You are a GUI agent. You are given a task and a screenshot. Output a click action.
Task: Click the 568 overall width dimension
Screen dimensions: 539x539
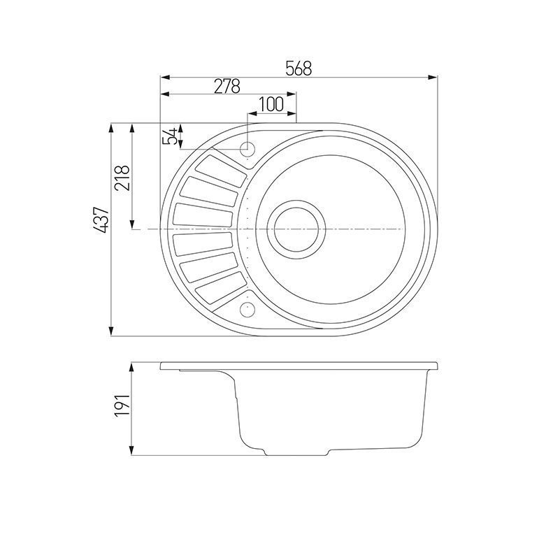coord(299,68)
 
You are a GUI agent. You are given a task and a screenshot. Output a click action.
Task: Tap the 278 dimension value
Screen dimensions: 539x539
coord(227,86)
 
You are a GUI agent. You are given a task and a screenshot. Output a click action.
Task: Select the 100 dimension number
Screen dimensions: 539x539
coord(271,104)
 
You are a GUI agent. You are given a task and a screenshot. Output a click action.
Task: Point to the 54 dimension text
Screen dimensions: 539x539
coord(169,136)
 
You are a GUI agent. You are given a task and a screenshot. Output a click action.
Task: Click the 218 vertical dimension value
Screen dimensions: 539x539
coord(122,178)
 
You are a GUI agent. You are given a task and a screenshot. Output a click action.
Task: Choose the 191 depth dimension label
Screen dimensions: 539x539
coord(122,405)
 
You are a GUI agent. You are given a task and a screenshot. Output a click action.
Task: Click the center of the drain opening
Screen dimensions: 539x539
coord(296,229)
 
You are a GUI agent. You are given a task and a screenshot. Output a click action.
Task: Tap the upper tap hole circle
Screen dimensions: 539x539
coord(247,149)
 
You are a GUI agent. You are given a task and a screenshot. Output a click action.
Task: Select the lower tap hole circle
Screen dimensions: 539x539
coord(247,309)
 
